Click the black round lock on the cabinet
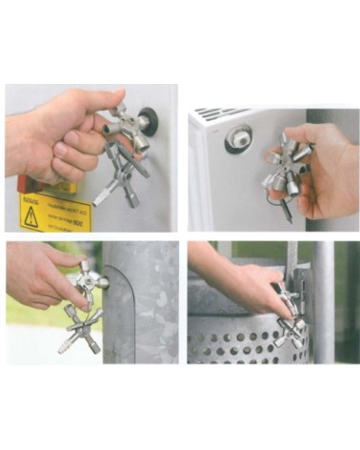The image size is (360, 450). (145, 119)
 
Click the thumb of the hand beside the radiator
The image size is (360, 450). (300, 133)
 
